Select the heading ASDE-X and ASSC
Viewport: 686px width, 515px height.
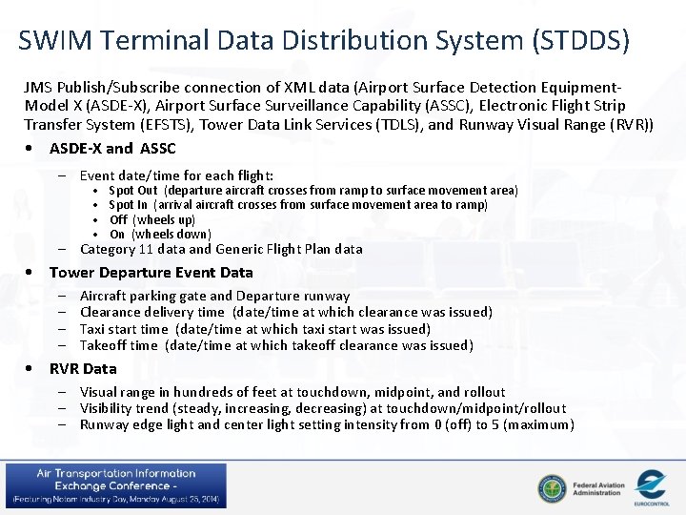[x=112, y=148]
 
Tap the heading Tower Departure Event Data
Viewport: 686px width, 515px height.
[x=151, y=272]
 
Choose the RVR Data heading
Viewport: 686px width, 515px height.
[x=83, y=368]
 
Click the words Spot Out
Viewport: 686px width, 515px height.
[x=133, y=190]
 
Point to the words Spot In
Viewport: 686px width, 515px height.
[x=129, y=204]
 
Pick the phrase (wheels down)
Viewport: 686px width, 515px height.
[x=171, y=234]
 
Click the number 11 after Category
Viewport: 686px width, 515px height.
[x=147, y=249]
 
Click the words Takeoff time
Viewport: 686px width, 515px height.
[x=119, y=345]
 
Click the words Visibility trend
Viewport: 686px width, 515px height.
[x=124, y=408]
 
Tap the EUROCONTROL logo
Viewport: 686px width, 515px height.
[x=651, y=485]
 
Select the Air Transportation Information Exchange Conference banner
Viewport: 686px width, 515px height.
[x=115, y=485]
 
